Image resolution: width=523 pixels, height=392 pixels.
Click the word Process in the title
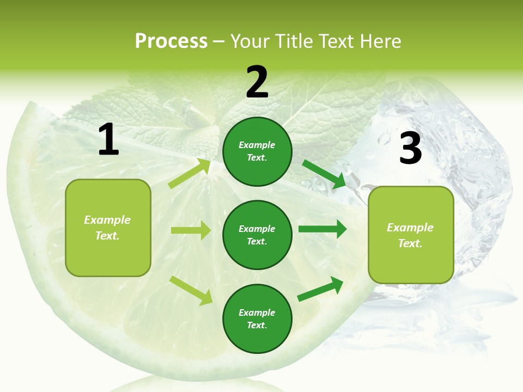(x=171, y=41)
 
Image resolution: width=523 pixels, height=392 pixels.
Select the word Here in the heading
(x=379, y=41)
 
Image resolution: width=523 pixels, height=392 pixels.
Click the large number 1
(x=108, y=140)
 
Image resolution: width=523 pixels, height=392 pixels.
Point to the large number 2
(x=257, y=82)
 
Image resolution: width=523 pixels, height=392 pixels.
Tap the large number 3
(x=410, y=149)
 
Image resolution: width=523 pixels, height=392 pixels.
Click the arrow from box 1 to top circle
(x=189, y=174)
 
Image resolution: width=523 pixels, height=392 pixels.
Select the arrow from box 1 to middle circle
(x=191, y=230)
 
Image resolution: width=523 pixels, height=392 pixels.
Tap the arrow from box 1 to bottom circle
(x=191, y=290)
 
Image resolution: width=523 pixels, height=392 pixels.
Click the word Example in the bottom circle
(x=257, y=313)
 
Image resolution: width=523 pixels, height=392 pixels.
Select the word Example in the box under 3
(x=410, y=228)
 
